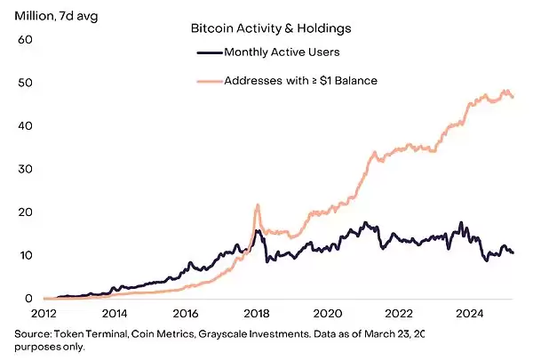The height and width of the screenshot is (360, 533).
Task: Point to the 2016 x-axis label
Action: [x=186, y=314]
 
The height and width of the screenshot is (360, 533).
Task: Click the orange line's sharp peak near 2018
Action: [x=257, y=205]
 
